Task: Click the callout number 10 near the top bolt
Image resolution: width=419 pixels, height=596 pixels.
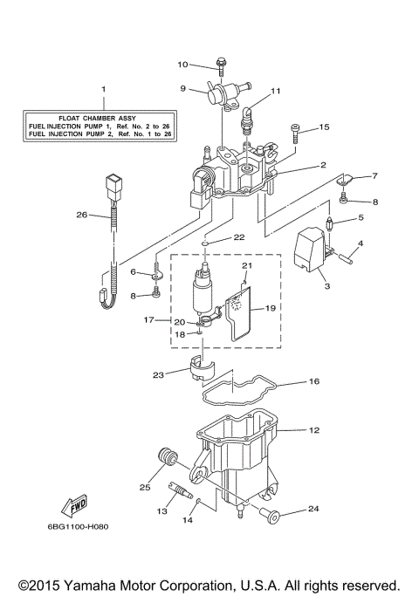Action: click(x=183, y=65)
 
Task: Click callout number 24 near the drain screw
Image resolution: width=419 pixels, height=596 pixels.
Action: click(x=314, y=508)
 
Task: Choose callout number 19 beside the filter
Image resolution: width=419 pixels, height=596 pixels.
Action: click(x=270, y=308)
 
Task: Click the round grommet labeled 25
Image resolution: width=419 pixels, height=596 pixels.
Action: click(x=166, y=457)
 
